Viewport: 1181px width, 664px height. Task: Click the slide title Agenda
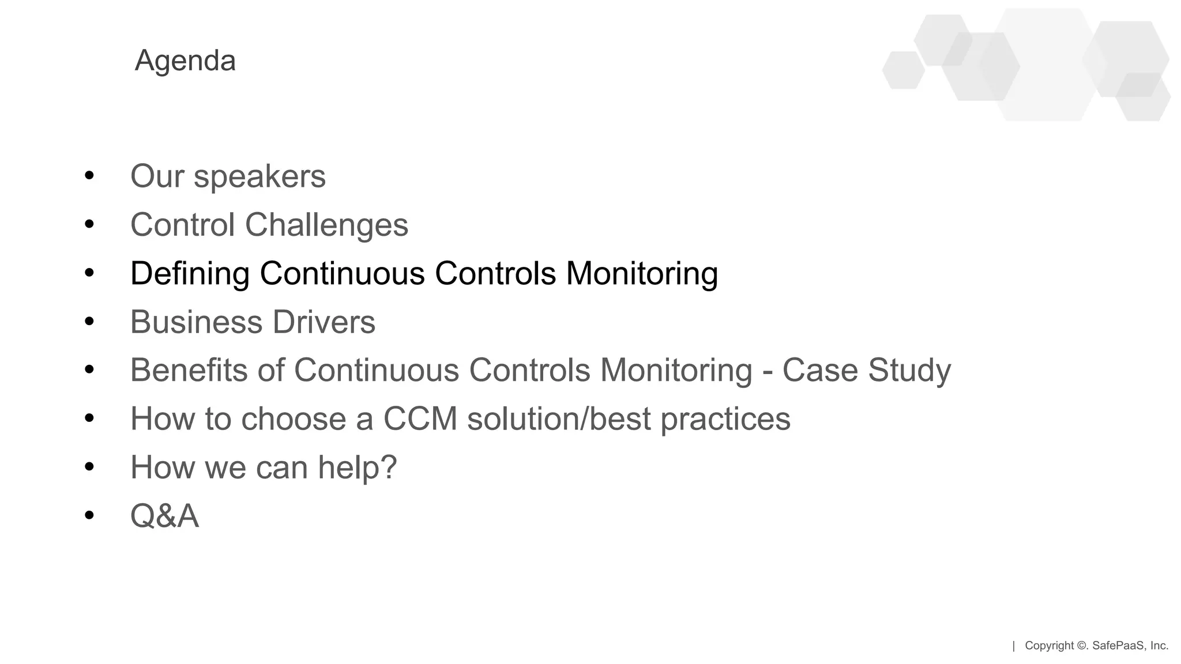[185, 61]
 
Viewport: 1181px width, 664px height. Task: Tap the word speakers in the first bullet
[259, 176]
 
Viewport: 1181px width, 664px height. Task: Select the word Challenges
[326, 225]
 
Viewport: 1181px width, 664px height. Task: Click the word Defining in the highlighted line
[190, 273]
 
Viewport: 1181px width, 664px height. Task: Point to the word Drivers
[324, 322]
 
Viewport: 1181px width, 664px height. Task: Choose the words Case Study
[866, 370]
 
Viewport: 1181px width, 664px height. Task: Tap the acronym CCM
[420, 418]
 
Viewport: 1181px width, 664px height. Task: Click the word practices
[725, 420]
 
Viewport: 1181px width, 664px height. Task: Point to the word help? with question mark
[357, 467]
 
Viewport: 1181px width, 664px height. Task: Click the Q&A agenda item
[164, 515]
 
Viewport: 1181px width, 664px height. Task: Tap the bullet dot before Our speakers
[89, 176]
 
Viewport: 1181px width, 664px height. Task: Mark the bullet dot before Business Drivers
[89, 322]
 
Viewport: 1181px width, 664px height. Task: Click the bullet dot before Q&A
[89, 515]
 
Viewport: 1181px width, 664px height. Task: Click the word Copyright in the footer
[1050, 646]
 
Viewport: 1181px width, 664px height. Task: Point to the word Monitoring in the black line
[642, 273]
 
